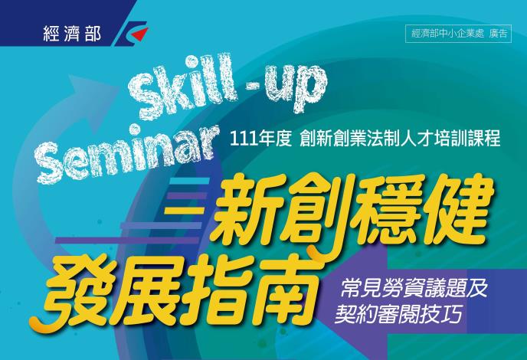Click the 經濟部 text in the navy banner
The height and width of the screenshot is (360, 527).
coord(72,34)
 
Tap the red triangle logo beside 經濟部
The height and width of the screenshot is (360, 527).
coord(140,34)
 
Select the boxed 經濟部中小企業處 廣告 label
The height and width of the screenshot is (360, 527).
coord(458,34)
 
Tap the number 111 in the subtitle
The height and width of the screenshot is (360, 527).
coord(242,139)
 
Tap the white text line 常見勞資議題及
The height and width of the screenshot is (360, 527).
coord(414,289)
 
